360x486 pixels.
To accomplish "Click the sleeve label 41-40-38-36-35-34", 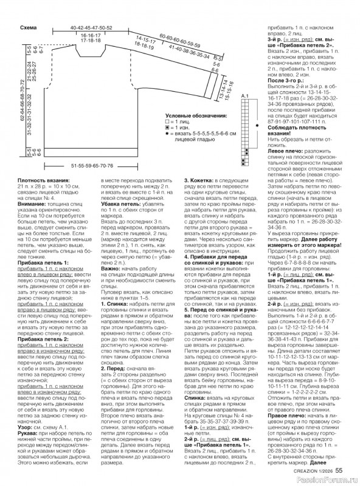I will tap(189, 51).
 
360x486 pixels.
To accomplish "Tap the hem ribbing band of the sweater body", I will tap(91, 156).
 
